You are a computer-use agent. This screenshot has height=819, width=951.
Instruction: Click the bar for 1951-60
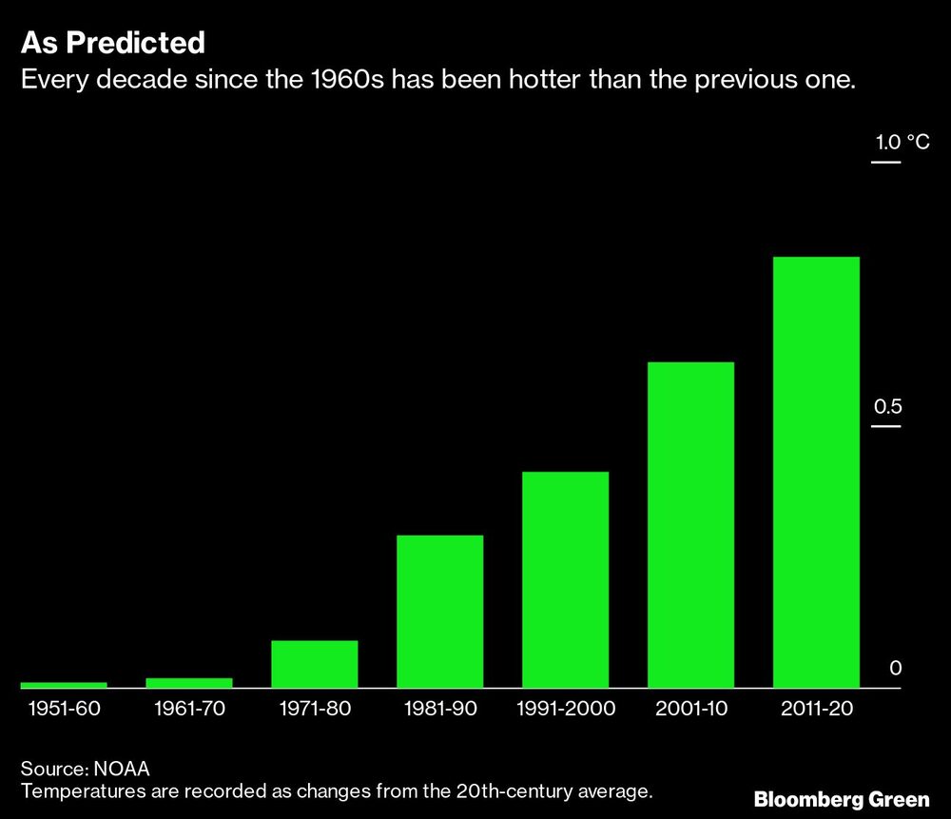pos(64,685)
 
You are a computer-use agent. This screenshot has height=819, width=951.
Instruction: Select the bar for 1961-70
pos(189,682)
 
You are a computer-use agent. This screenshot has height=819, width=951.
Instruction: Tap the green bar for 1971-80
pos(315,664)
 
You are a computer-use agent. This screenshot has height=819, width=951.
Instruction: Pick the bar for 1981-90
pos(439,611)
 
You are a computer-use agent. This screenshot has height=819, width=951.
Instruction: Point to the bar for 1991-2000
pos(565,579)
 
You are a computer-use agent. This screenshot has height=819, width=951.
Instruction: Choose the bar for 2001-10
pos(690,524)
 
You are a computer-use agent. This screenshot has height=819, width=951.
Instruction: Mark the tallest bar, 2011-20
pos(816,472)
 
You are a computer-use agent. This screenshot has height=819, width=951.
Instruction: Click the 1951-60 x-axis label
pos(64,709)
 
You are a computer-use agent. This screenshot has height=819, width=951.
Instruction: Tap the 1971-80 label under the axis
pos(315,709)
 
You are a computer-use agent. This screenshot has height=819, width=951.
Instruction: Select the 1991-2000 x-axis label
pos(566,709)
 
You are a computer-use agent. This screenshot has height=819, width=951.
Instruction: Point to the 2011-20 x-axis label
pos(816,709)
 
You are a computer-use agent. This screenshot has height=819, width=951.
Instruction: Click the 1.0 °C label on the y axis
pos(902,144)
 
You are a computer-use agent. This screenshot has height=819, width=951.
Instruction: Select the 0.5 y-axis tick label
pos(887,407)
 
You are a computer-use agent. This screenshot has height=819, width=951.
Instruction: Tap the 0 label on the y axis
pos(895,669)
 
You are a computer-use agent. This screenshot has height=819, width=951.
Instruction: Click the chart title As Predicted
pos(113,43)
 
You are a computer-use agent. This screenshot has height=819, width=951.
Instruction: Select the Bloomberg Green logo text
pos(842,799)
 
